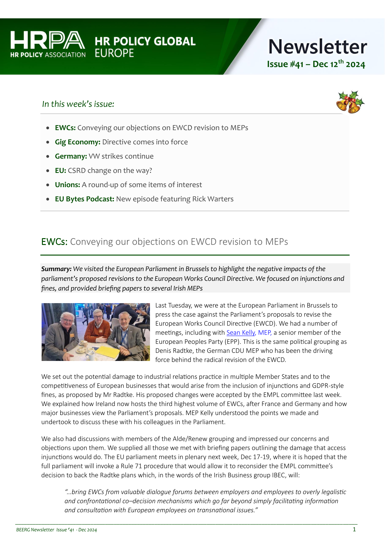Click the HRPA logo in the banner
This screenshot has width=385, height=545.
coord(48,44)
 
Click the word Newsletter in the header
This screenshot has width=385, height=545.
coord(317,47)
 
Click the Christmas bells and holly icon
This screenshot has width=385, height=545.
coord(350,102)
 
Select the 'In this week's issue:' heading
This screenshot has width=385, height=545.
coord(78,104)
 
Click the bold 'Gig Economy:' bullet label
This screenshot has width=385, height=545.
coord(78,142)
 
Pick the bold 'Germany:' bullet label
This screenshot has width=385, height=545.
coord(71,156)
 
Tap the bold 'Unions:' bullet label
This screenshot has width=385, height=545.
coord(67,185)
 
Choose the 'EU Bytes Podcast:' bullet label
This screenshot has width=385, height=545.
coord(84,199)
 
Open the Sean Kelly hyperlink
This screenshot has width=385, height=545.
coord(241,333)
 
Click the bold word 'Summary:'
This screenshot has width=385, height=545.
coord(57,269)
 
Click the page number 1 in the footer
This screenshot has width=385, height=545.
coord(354,529)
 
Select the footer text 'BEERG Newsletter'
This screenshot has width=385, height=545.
coord(35,530)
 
